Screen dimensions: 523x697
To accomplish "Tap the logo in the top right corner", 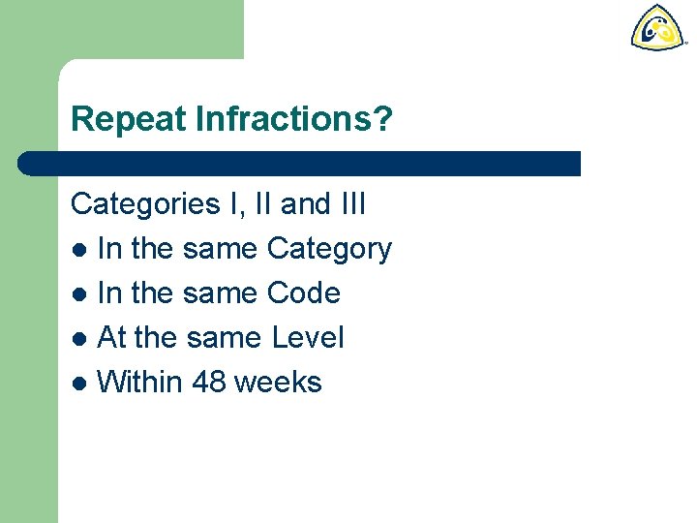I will pyautogui.click(x=657, y=27).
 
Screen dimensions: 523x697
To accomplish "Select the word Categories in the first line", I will pyautogui.click(x=146, y=204).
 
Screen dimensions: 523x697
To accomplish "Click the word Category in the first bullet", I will pyautogui.click(x=329, y=250).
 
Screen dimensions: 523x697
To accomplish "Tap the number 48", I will pyautogui.click(x=209, y=383).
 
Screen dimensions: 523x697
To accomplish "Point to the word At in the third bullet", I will pyautogui.click(x=112, y=338).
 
